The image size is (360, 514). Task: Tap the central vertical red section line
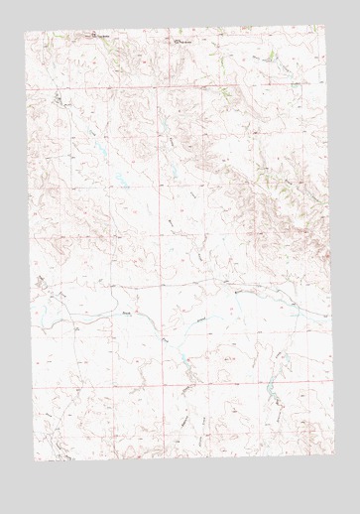164,248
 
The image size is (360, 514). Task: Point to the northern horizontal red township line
179,87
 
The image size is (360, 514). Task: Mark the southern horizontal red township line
179,387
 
